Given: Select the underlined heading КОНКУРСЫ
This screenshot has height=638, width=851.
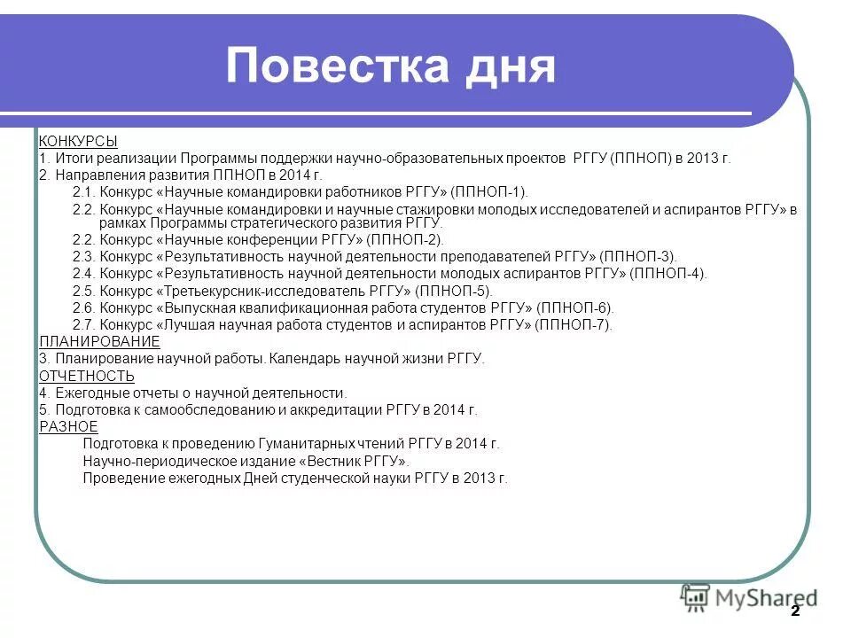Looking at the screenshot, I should click(78, 141).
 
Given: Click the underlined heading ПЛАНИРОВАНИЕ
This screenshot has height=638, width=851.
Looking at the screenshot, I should click(100, 342).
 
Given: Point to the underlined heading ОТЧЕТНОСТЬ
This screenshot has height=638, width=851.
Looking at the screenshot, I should click(87, 376).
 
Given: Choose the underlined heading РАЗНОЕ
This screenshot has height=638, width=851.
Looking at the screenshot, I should click(68, 427).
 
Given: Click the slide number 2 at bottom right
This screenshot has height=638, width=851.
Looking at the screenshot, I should click(795, 611).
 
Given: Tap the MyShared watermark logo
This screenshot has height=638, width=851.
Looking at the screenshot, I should click(749, 598).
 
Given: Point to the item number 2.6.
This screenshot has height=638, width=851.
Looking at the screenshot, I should click(82, 308).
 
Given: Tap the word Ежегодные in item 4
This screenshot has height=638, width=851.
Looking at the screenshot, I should click(92, 393).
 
